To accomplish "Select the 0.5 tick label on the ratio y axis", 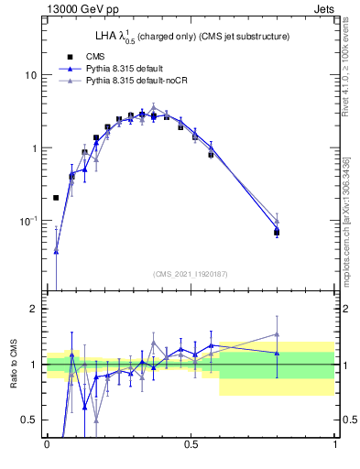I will point(29,420).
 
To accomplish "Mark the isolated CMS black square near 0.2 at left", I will point(56,197).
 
